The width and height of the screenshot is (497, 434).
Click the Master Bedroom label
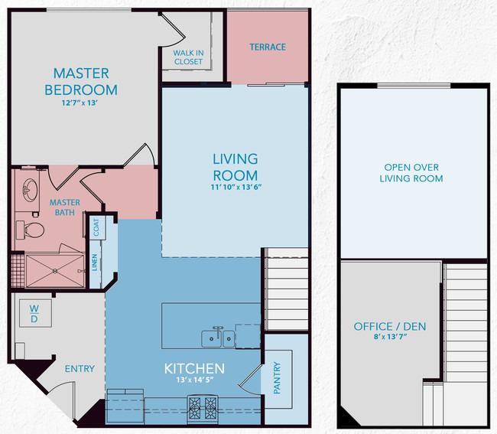(81, 82)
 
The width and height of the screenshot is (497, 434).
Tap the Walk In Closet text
(188, 57)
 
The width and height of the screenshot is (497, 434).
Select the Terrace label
(268, 47)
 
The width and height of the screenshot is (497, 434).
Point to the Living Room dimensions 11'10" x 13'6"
(236, 187)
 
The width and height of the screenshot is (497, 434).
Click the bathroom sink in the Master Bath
(30, 190)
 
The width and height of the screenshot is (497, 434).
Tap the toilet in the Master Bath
(31, 230)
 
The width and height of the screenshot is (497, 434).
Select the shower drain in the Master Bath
(55, 271)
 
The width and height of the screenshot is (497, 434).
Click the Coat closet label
(96, 227)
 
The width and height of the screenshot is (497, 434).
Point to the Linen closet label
(95, 263)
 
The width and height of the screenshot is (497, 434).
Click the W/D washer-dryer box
(35, 313)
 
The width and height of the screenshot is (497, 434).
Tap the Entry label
(80, 369)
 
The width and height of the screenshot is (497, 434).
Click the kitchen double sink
(219, 338)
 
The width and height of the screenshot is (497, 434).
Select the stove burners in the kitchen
(203, 407)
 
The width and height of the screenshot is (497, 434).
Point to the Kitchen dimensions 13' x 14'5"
(194, 380)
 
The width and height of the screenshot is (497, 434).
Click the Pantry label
(277, 378)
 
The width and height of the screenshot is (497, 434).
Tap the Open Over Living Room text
(411, 173)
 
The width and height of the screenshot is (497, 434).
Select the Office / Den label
(390, 326)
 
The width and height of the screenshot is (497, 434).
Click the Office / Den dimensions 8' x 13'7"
(390, 337)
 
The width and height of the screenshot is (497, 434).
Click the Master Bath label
(65, 207)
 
